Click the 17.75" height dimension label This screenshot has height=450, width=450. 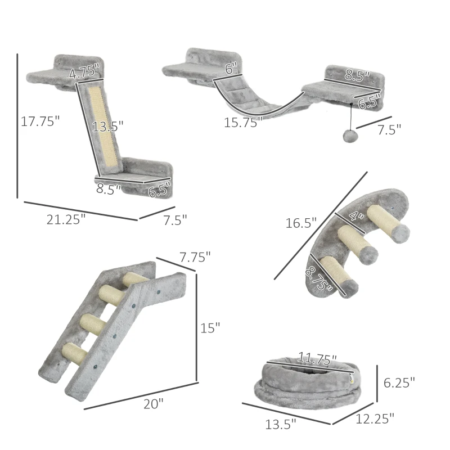point(40,121)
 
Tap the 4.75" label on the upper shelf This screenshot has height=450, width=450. point(84,71)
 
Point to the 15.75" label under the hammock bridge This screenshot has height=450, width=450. point(243,123)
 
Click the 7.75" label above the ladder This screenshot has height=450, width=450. point(195,256)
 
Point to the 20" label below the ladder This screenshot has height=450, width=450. point(153,403)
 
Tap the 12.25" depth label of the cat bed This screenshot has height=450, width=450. point(375,418)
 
